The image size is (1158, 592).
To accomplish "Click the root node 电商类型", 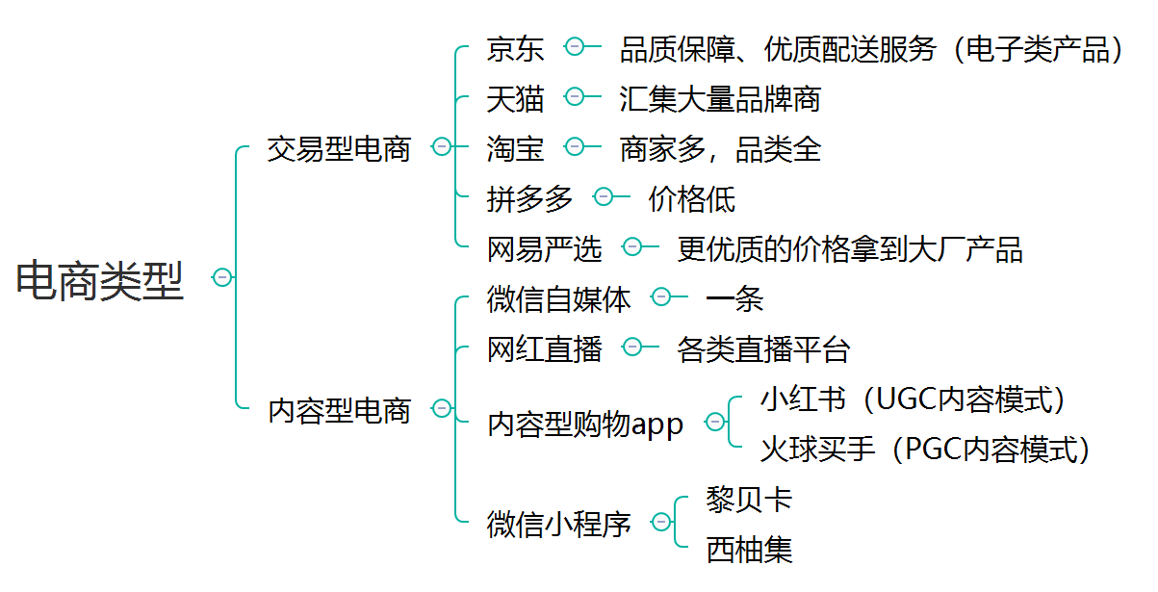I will point(99,279).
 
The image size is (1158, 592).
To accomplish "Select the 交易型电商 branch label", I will point(339,148).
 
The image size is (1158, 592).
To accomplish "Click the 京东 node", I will point(515,48).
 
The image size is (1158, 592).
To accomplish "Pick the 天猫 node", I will point(515,98).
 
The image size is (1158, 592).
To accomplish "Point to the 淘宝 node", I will point(515,148).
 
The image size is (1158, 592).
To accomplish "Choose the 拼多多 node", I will point(529,198).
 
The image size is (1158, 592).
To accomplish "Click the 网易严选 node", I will point(544,248).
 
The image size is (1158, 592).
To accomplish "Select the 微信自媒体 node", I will point(558,298).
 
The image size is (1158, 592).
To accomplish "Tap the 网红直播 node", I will point(544,348).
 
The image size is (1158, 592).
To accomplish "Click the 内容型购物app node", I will point(585,424).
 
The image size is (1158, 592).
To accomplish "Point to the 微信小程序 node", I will point(558,524).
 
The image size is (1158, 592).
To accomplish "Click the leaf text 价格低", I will point(691,198).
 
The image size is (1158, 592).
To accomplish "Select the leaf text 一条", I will point(734,298).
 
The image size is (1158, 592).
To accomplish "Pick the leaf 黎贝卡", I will point(749,499).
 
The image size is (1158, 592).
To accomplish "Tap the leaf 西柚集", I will point(749,549).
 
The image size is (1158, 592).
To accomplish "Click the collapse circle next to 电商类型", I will point(222,277).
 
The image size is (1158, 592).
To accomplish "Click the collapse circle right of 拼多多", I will point(604,196).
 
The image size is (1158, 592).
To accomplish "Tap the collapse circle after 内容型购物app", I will point(714,422).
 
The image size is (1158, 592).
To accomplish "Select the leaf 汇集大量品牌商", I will point(720,98).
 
